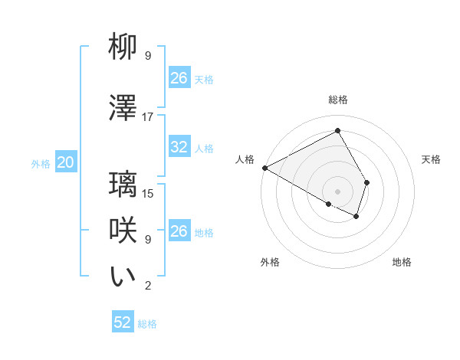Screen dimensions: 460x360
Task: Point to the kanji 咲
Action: pos(123,231)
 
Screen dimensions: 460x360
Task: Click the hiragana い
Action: pos(123,277)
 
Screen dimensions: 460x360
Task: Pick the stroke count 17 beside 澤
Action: pos(148,116)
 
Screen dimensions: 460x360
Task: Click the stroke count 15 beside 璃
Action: pos(148,193)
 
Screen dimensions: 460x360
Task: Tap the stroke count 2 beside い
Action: pos(148,286)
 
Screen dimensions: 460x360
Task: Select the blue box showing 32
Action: pos(179,147)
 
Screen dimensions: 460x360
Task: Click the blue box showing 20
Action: pos(66,162)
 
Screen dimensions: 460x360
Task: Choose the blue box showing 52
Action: pos(123,322)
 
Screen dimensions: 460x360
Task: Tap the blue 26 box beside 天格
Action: pos(179,78)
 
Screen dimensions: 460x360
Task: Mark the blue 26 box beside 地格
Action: pos(179,231)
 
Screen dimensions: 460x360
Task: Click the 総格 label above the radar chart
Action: pos(337,100)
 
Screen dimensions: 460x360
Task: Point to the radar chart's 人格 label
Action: pos(245,159)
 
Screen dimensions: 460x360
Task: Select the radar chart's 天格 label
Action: pos(431,159)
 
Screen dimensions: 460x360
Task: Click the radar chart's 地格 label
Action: pos(402,262)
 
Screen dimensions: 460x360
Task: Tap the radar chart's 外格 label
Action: pos(270,262)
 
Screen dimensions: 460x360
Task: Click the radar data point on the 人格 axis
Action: pos(264,168)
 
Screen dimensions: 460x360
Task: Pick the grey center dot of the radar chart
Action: pos(337,191)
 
